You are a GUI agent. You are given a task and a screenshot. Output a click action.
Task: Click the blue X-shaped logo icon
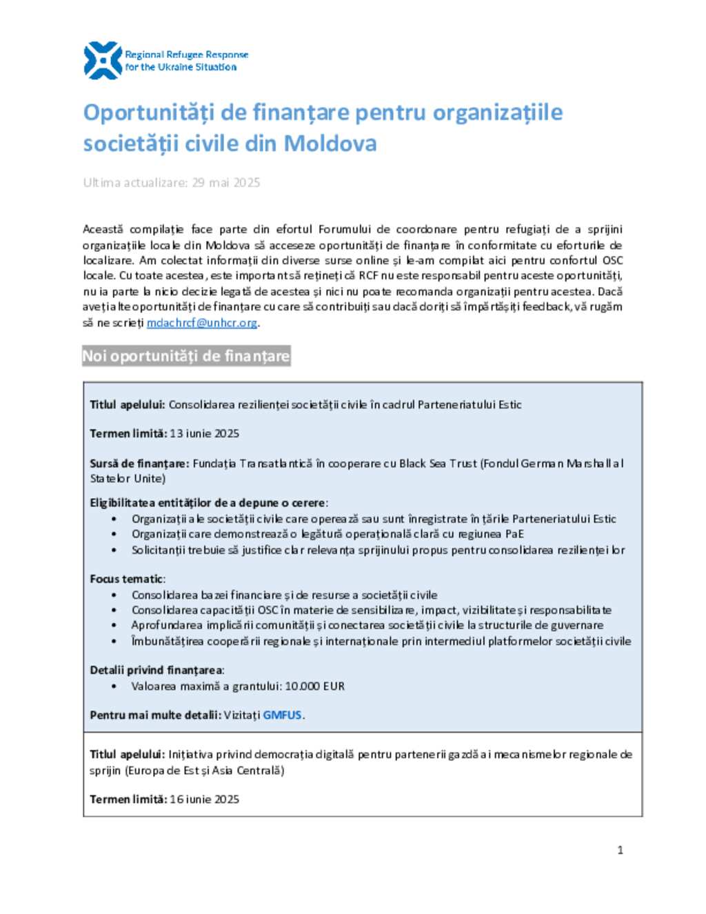click(x=103, y=61)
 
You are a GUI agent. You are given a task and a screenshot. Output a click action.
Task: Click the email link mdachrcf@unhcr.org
click(x=202, y=323)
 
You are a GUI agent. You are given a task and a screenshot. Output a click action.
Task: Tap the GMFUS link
click(x=282, y=715)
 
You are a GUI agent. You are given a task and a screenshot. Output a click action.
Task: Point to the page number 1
click(x=620, y=850)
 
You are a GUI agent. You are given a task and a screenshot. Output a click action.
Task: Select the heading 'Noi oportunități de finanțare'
click(x=186, y=356)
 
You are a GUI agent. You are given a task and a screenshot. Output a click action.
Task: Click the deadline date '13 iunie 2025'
click(x=204, y=434)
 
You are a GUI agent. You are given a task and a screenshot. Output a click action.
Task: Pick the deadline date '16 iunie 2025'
click(x=204, y=799)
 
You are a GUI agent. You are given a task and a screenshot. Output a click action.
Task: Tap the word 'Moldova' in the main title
click(x=330, y=143)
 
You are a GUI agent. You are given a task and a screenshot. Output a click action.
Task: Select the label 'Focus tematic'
click(x=127, y=579)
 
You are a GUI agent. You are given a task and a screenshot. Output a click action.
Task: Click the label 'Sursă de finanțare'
click(x=139, y=464)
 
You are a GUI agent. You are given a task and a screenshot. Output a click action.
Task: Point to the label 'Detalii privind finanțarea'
click(x=157, y=670)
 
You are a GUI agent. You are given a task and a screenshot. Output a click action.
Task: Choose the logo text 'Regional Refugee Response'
click(x=186, y=54)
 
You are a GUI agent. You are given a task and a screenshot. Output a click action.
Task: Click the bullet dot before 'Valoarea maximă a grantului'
click(x=114, y=686)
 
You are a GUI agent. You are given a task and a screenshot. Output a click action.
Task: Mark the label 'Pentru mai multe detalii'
click(x=155, y=715)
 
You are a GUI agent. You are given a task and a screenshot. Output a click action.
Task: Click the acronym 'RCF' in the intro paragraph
click(x=368, y=276)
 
